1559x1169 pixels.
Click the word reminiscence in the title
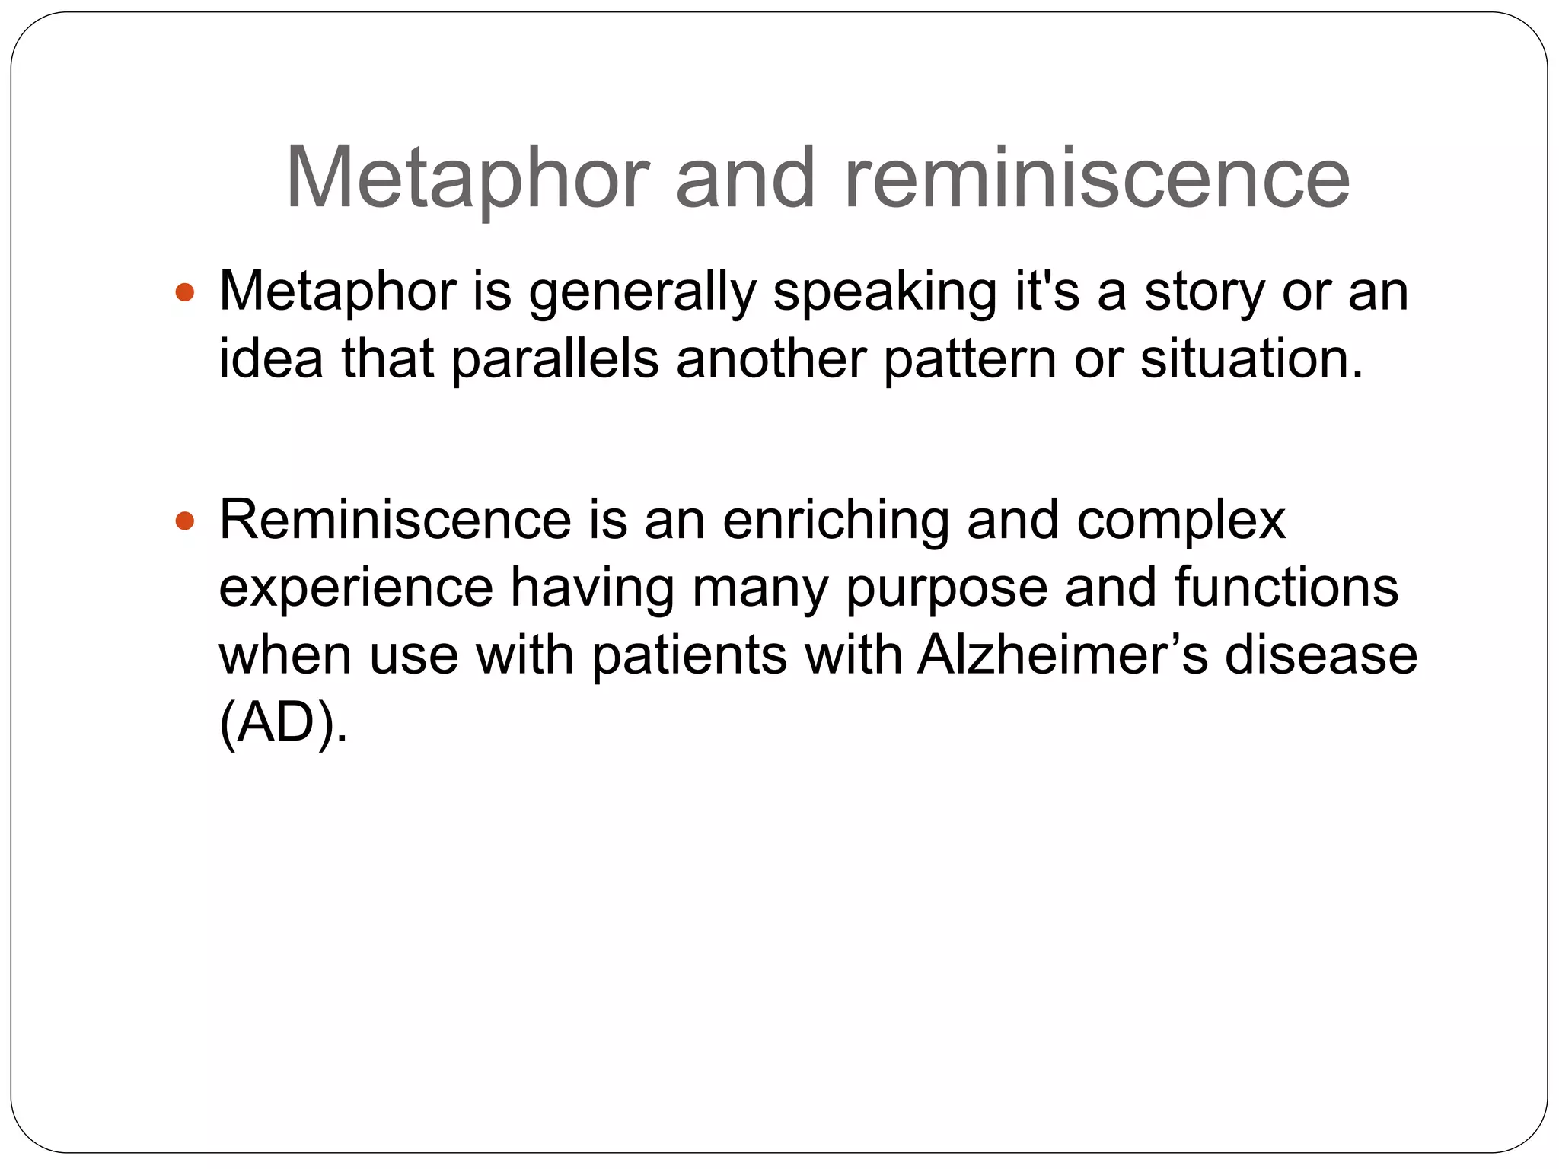point(1096,179)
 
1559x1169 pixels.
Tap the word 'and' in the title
point(745,179)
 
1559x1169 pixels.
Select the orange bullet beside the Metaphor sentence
point(185,292)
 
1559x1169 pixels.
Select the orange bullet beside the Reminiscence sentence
point(185,521)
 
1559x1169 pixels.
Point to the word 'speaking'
point(884,293)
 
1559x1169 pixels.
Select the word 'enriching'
point(835,521)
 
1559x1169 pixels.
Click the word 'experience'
point(356,588)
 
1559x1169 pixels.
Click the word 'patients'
point(689,655)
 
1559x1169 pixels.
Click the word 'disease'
point(1320,655)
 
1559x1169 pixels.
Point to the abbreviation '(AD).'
point(283,723)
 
